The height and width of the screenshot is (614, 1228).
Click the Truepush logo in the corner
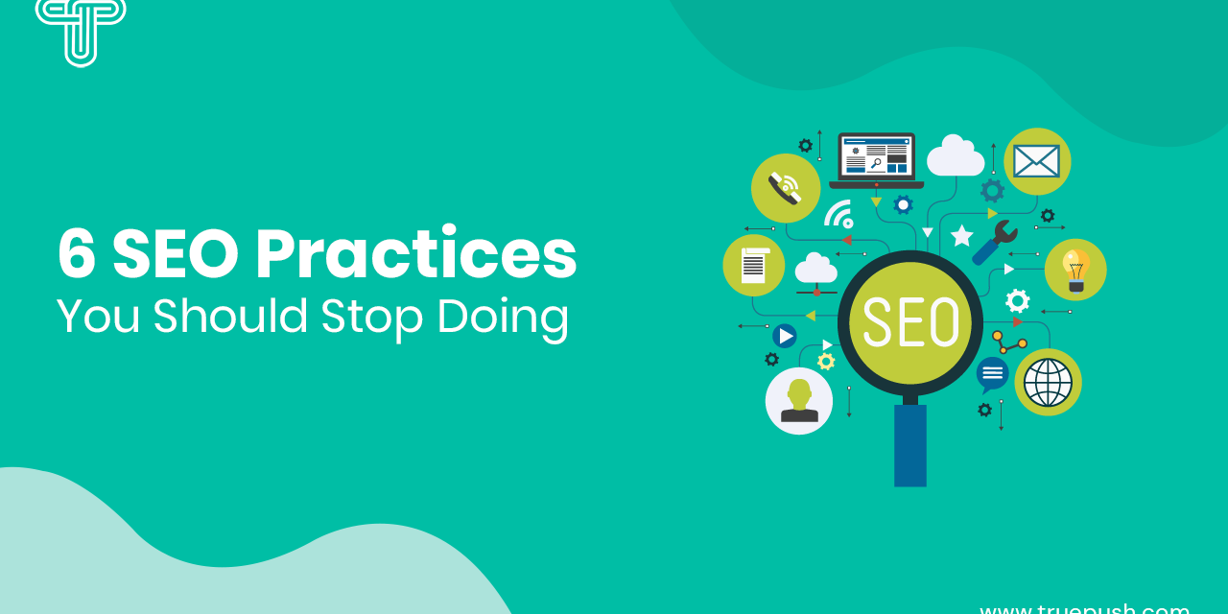(x=81, y=29)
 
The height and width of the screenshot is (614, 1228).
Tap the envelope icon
(x=1037, y=161)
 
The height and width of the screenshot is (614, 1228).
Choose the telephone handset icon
(x=785, y=188)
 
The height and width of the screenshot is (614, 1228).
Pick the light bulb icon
(x=1075, y=270)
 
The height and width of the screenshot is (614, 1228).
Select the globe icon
(x=1048, y=382)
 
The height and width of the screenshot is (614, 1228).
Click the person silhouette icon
(x=798, y=401)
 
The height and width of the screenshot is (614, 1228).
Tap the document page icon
(x=754, y=266)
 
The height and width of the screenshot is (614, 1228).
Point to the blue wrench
(x=995, y=243)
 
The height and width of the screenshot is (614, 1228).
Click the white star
(x=961, y=235)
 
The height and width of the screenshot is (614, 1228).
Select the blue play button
(x=785, y=336)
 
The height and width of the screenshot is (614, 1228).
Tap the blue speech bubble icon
(x=992, y=373)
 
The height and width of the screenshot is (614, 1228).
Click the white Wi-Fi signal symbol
(x=838, y=213)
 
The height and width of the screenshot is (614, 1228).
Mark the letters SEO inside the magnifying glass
(x=910, y=321)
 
